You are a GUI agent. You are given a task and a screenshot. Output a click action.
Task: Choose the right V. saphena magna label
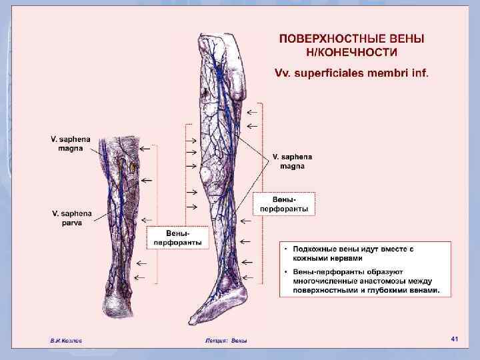click(x=291, y=161)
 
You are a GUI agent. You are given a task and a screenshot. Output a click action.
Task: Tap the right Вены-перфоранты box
click(x=285, y=205)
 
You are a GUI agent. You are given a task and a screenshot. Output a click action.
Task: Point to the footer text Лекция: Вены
click(x=226, y=341)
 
